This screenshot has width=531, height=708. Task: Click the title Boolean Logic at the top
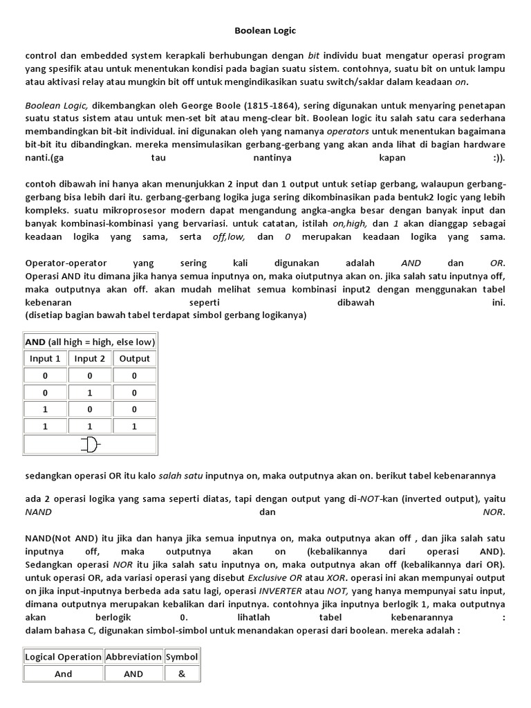point(265,31)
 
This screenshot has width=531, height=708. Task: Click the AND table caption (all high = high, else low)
point(91,342)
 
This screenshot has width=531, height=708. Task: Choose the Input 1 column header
point(45,359)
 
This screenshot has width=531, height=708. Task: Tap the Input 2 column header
point(90,359)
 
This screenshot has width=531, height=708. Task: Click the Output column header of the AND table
point(134,359)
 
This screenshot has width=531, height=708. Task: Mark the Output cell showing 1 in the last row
point(134,427)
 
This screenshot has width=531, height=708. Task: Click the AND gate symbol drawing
point(91,445)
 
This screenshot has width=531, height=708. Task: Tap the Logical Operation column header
point(63,657)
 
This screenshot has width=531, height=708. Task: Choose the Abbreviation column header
point(133,657)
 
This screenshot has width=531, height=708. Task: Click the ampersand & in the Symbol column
point(181,674)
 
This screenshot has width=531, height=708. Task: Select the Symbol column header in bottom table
point(181,657)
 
